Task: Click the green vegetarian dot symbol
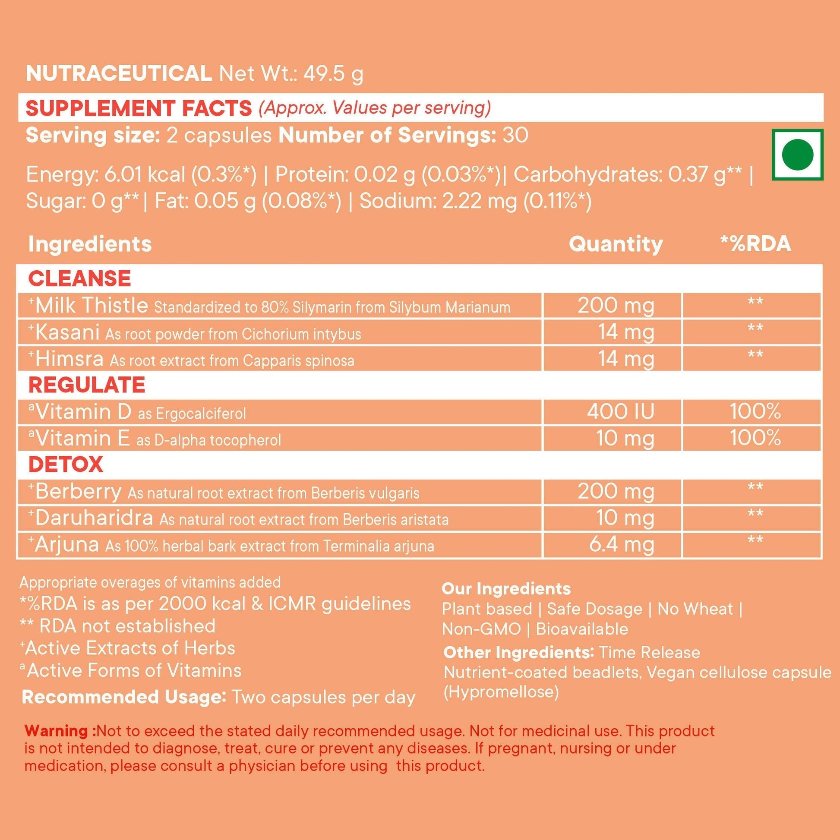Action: (x=797, y=155)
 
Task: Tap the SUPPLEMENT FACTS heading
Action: (x=138, y=108)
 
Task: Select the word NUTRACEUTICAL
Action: (x=119, y=73)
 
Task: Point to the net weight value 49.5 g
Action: (x=333, y=73)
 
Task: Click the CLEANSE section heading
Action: (x=79, y=278)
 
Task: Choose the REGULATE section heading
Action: (x=86, y=385)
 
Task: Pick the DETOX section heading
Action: (x=66, y=464)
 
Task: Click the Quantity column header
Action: (x=616, y=244)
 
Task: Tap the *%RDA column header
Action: (x=755, y=244)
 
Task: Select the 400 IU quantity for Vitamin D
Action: (x=620, y=411)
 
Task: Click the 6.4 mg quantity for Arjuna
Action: (x=621, y=544)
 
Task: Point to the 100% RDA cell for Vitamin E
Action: (x=755, y=438)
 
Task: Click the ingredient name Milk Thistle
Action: (x=92, y=305)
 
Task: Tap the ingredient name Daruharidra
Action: (x=94, y=518)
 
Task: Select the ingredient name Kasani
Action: (x=67, y=332)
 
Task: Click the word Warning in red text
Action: (x=60, y=730)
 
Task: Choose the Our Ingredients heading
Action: (x=506, y=589)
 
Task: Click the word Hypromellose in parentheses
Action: (x=501, y=692)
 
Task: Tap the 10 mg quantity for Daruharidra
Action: (x=625, y=518)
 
